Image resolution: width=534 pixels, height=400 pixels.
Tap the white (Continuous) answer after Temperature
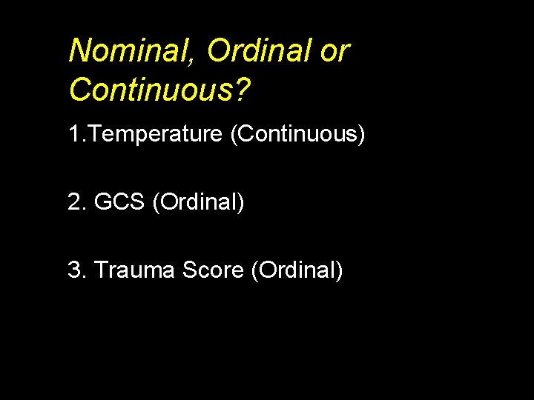[298, 136]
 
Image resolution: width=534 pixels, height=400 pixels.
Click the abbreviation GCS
[119, 202]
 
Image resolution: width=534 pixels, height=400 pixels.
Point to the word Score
[213, 270]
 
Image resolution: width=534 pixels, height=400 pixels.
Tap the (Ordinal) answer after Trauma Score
[297, 271]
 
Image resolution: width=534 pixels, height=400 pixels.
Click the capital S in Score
[189, 270]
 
